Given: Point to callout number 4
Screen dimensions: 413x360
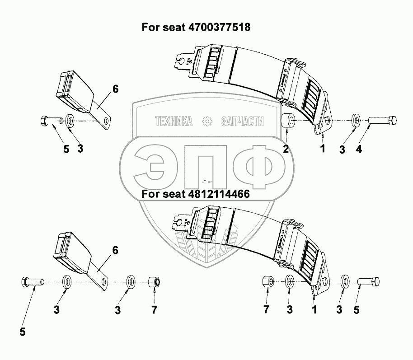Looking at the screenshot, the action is pos(358,149).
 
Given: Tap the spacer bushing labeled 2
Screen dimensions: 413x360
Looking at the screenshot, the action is pos(288,121).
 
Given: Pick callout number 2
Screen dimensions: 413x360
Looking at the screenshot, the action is pos(286,149).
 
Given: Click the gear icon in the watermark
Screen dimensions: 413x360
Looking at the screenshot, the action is pos(207,121).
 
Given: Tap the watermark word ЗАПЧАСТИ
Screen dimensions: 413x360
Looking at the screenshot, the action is pos(243,121).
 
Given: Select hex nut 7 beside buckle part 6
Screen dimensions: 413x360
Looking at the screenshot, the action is pos(155,283).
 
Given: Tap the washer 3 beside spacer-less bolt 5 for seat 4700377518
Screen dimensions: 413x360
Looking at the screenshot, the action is pos(71,121).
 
